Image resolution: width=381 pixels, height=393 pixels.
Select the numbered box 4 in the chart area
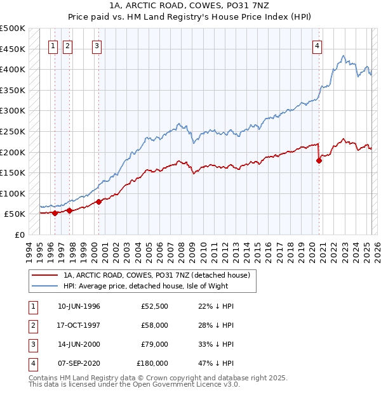pyautogui.click(x=316, y=45)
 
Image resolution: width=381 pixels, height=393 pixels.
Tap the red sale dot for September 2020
pyautogui.click(x=319, y=160)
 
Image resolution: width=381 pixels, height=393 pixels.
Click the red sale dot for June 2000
pyautogui.click(x=99, y=202)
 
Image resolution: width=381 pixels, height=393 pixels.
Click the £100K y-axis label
pyautogui.click(x=13, y=193)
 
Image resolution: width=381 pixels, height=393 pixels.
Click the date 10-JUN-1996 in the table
pyautogui.click(x=79, y=306)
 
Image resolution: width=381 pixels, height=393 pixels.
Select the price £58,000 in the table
pyautogui.click(x=155, y=325)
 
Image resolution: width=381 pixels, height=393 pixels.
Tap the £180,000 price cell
pyautogui.click(x=152, y=363)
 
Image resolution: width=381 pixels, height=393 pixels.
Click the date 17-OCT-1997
pyautogui.click(x=79, y=325)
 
